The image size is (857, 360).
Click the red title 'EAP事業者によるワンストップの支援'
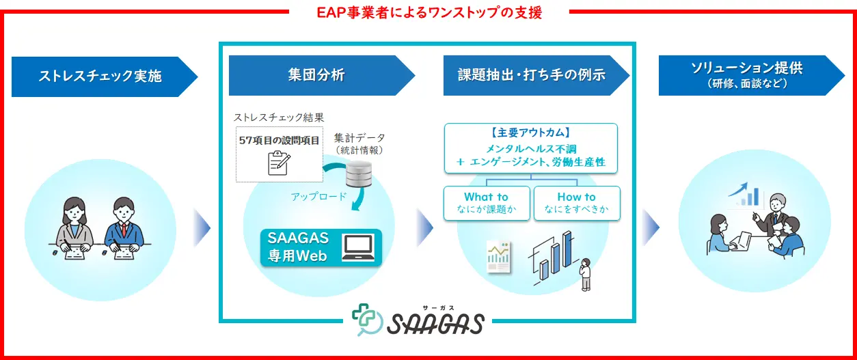pyautogui.click(x=429, y=12)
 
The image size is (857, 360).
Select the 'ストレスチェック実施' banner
pyautogui.click(x=105, y=77)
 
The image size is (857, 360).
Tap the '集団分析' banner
pyautogui.click(x=322, y=75)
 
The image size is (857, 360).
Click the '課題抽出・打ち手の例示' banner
pyautogui.click(x=536, y=75)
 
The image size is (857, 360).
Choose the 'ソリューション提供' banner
pyautogui.click(x=751, y=75)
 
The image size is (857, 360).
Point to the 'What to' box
pyautogui.click(x=487, y=203)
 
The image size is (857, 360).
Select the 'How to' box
pyautogui.click(x=577, y=203)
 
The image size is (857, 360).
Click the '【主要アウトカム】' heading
pyautogui.click(x=531, y=133)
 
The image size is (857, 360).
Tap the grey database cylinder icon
pyautogui.click(x=359, y=174)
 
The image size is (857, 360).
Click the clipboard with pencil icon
pyautogui.click(x=280, y=163)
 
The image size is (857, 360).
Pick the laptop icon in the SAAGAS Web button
pyautogui.click(x=357, y=247)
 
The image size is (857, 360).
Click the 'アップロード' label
pyautogui.click(x=318, y=197)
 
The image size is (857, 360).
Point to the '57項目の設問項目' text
pyautogui.click(x=279, y=141)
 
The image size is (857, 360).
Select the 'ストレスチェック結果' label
pyautogui.click(x=279, y=117)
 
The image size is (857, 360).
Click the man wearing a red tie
pyautogui.click(x=124, y=228)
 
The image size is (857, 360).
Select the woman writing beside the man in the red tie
pyautogui.click(x=74, y=228)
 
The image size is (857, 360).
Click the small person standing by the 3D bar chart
pyautogui.click(x=585, y=275)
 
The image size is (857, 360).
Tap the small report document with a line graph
pyautogui.click(x=498, y=257)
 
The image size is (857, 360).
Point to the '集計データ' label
pyautogui.click(x=359, y=138)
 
